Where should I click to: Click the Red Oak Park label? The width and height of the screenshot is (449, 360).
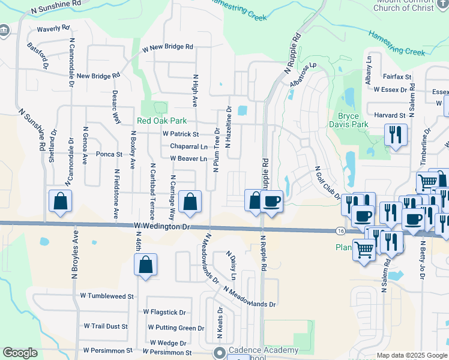(161, 121)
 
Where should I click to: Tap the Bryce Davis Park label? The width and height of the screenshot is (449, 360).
(348, 121)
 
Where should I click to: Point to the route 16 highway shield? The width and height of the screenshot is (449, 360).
(340, 231)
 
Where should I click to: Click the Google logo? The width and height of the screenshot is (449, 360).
(20, 353)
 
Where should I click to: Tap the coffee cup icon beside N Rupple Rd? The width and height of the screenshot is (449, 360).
(271, 201)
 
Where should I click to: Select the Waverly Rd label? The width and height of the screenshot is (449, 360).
(53, 28)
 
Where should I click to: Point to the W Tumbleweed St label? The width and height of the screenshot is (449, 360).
(106, 296)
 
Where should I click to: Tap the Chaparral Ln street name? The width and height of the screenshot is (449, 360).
(188, 146)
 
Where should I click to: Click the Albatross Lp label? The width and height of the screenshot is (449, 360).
(303, 75)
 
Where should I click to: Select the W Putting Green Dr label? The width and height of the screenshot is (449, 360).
(176, 328)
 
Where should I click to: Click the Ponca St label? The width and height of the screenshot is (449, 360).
(109, 154)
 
